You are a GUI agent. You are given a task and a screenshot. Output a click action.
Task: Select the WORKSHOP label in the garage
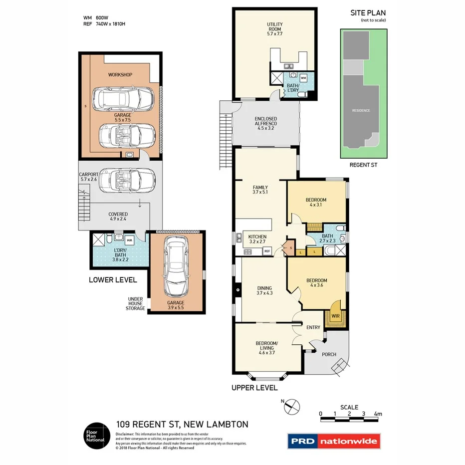120,75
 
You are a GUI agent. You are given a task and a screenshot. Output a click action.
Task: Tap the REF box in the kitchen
267,251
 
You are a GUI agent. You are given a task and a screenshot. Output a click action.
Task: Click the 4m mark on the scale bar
378,414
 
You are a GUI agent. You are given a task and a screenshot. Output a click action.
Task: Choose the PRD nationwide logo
334,441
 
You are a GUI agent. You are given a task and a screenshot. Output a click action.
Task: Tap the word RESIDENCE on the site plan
361,110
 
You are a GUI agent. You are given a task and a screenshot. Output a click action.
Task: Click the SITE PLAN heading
368,13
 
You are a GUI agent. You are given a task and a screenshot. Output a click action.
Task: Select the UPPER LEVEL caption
254,387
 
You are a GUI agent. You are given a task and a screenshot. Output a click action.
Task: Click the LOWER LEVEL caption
113,279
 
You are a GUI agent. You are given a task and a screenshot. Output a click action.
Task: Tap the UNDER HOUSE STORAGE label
135,303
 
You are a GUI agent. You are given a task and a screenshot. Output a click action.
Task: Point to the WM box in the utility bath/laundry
303,78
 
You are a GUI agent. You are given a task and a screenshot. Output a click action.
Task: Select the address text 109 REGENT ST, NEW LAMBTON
182,425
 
